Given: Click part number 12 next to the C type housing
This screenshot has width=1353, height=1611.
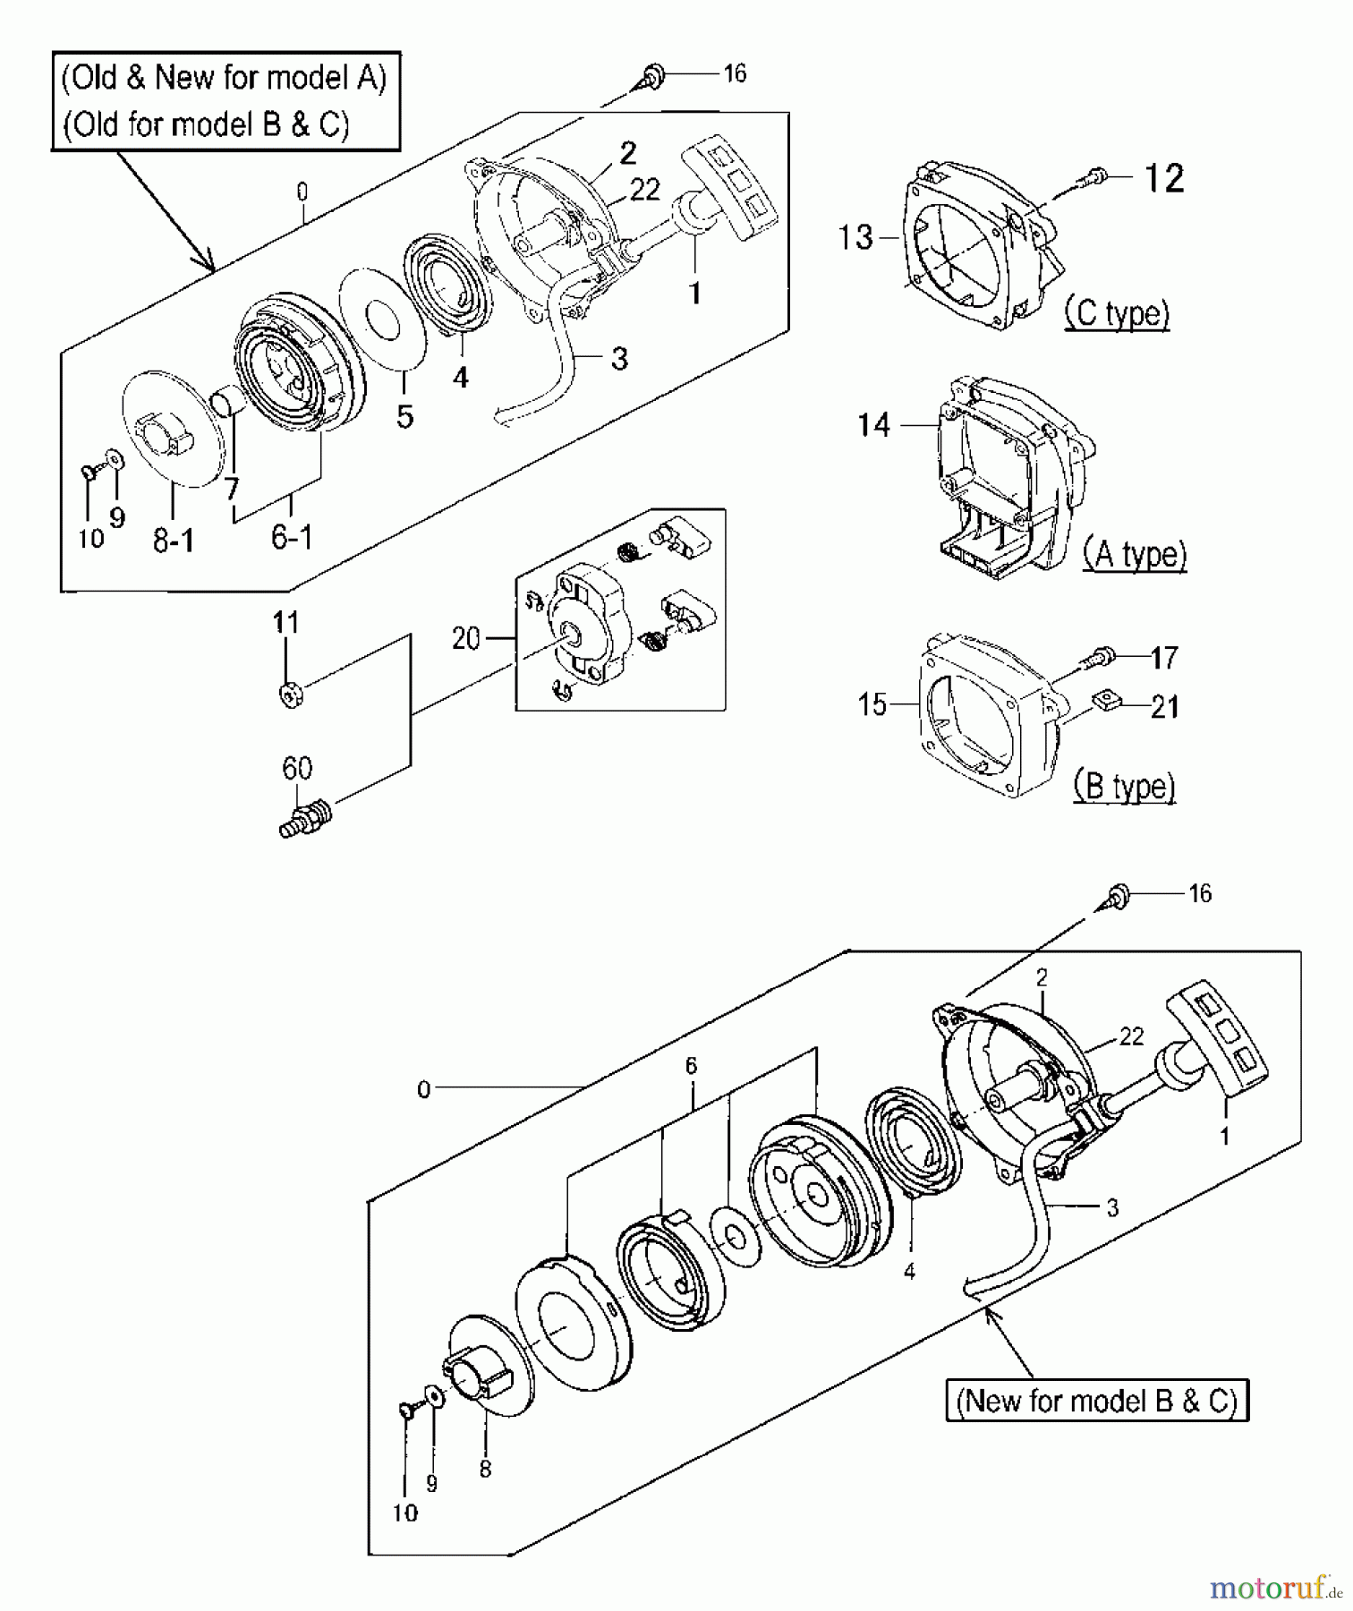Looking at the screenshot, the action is click(x=1164, y=178).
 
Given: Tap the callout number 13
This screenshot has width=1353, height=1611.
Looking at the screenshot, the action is click(x=855, y=237).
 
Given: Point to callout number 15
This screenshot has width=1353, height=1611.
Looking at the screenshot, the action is click(x=872, y=704).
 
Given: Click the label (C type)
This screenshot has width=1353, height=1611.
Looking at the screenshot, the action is click(x=1117, y=313).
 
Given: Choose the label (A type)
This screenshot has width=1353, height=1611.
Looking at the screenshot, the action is click(x=1135, y=554).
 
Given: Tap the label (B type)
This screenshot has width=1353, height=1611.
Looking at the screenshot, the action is click(x=1124, y=786).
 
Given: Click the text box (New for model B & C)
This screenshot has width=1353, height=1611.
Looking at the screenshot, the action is click(x=1097, y=1400).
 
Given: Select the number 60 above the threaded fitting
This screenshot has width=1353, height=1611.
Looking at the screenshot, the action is click(x=297, y=768).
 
